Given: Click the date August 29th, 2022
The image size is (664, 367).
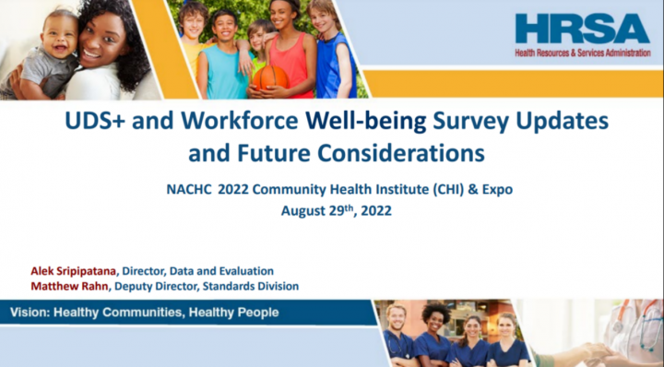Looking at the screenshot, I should tap(337, 209).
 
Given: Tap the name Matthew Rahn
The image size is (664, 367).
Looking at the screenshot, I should tap(67, 287).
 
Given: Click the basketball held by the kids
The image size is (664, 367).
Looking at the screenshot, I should tap(269, 77).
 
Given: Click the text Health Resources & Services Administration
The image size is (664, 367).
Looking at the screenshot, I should tap(587, 53).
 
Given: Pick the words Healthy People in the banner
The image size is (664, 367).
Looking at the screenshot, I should tap(234, 313).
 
